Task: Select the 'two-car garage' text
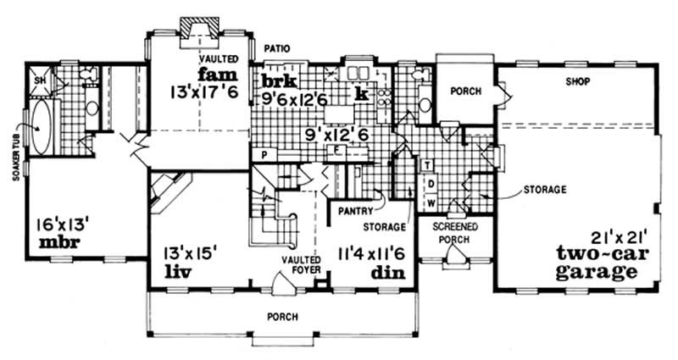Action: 597,263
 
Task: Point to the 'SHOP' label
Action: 578,81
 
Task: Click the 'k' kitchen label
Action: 362,93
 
